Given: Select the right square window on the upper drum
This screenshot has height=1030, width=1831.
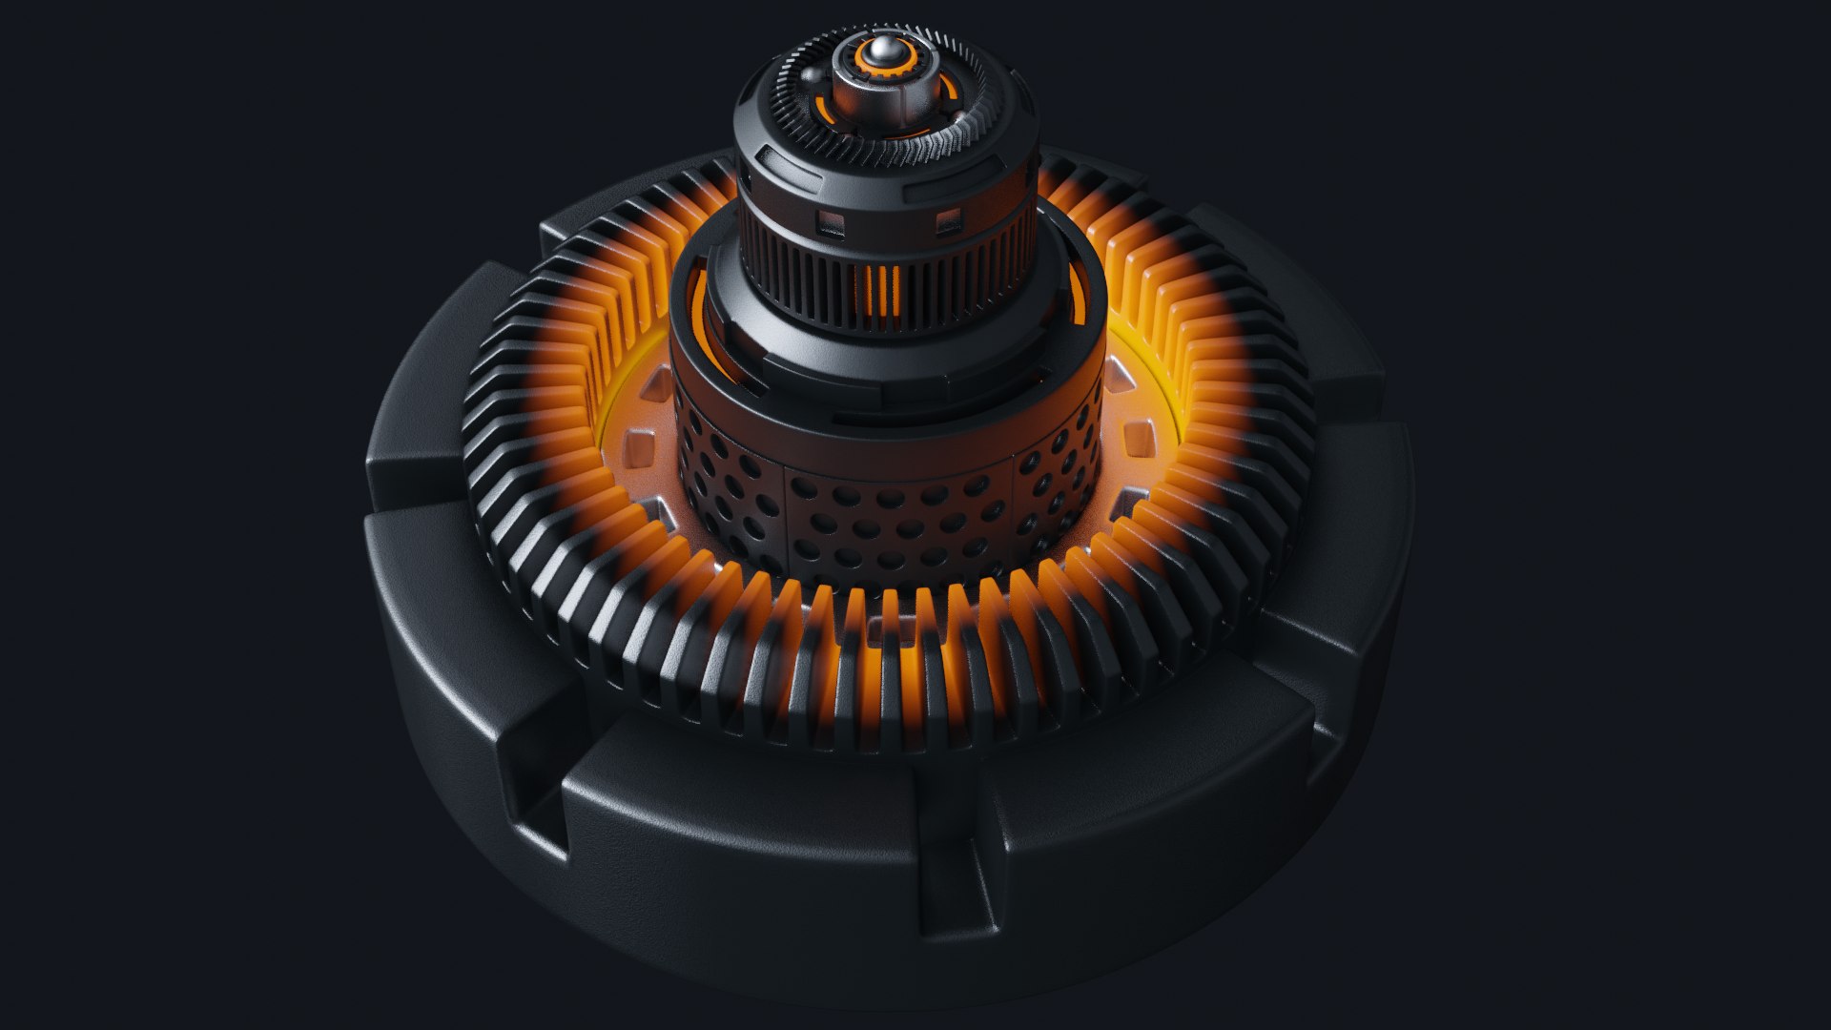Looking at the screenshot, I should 948,225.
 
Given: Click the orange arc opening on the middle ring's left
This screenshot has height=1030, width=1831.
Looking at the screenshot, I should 704,315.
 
